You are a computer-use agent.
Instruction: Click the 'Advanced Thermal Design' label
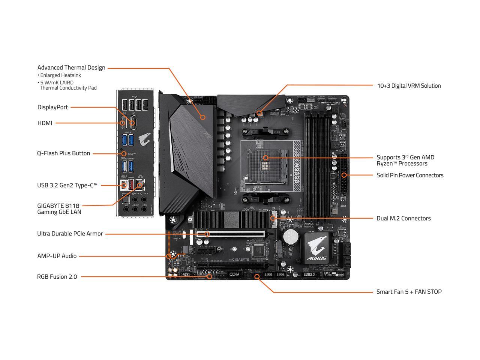click(71, 68)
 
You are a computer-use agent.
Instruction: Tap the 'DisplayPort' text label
click(52, 107)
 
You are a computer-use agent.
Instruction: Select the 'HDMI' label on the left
click(45, 123)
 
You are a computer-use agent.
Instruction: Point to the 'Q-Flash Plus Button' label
click(63, 153)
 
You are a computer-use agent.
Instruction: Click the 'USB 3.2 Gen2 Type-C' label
click(67, 185)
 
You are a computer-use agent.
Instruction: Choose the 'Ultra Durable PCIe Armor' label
click(70, 234)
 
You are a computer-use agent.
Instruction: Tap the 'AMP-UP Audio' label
click(57, 256)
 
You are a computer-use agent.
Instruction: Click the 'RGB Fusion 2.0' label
click(57, 277)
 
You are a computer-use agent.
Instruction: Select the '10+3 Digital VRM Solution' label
click(409, 86)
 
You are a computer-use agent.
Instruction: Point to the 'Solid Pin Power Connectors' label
click(410, 175)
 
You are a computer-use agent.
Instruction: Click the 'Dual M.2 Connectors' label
click(403, 218)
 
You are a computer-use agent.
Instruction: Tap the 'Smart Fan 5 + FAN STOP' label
click(409, 292)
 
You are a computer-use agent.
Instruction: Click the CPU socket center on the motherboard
click(265, 158)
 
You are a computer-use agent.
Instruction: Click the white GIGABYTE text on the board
click(240, 259)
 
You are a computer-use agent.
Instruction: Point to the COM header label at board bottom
click(234, 274)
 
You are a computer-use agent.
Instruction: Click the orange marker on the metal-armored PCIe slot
click(207, 234)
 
